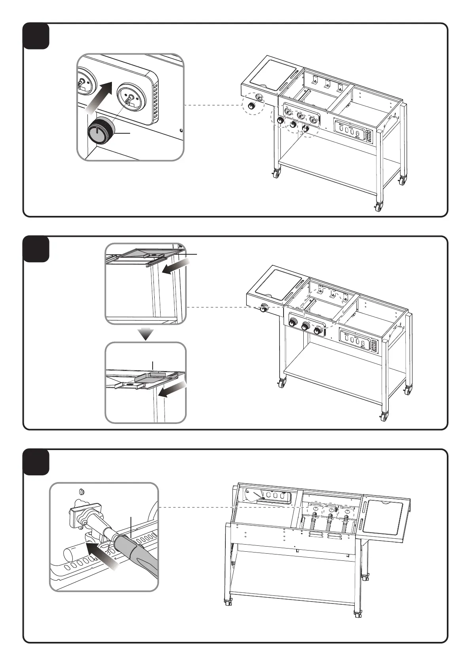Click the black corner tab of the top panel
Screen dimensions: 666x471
click(x=36, y=36)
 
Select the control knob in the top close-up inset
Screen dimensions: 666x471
click(x=100, y=131)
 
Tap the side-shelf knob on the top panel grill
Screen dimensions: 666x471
click(x=251, y=106)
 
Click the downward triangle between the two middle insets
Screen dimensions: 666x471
click(x=146, y=334)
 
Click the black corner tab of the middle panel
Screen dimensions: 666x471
click(x=36, y=249)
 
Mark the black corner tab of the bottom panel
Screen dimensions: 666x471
click(x=36, y=462)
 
